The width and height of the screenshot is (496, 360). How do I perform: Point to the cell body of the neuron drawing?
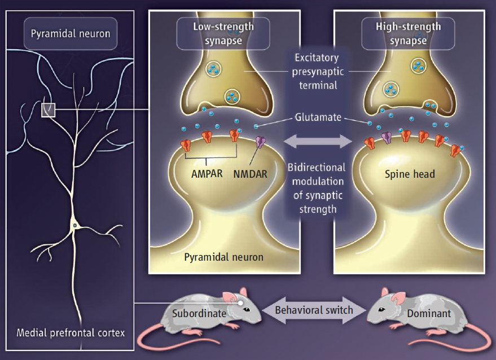tap(74, 226)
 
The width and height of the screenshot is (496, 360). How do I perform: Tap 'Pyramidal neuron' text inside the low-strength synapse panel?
tap(223, 257)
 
